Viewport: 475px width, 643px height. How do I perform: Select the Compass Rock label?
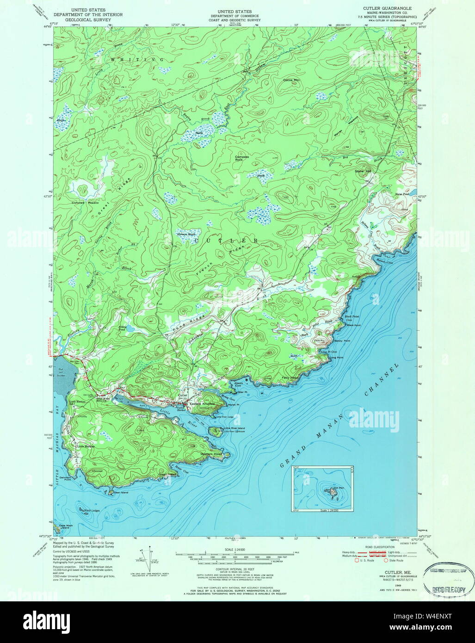click(x=241, y=158)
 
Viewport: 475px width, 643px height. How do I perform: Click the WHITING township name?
click(x=137, y=60)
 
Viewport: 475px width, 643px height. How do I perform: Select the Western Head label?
click(x=211, y=454)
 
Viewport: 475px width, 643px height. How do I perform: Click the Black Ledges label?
click(x=92, y=510)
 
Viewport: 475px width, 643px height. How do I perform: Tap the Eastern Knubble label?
click(x=203, y=404)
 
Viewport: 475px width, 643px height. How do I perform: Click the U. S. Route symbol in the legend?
click(x=357, y=560)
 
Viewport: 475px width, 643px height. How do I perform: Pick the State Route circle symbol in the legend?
click(x=386, y=560)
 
